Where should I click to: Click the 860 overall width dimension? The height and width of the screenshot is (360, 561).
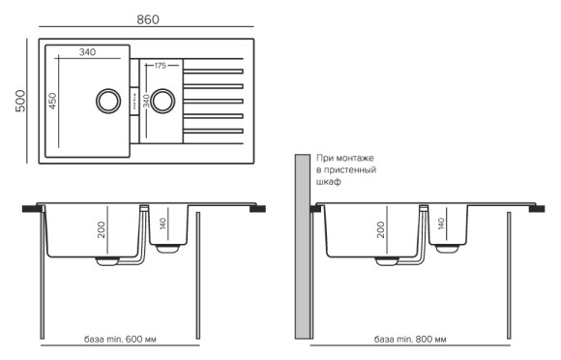point(148,18)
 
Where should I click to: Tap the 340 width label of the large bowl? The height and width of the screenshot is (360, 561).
point(87,51)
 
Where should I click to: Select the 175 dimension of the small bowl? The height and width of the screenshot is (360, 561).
point(160,65)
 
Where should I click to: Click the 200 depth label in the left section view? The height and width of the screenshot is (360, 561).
point(101,229)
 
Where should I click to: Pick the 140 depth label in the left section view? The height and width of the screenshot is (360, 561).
point(164,226)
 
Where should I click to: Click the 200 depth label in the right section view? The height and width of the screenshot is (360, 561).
point(381,229)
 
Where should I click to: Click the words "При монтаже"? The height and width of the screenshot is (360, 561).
point(344,157)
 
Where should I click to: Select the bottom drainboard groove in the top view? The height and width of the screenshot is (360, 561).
point(212,130)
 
